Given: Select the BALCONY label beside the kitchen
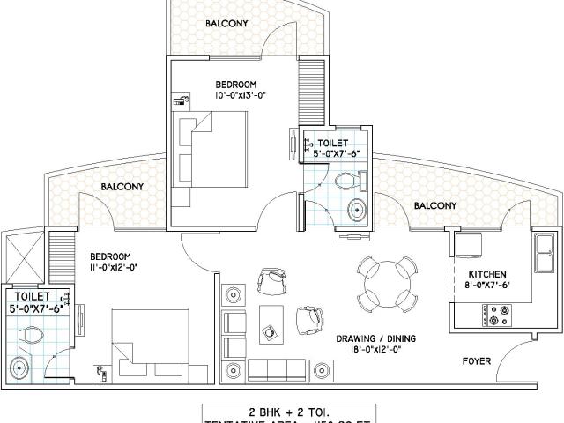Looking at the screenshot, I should click(434, 206).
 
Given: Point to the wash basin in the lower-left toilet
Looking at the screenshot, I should click(19, 368).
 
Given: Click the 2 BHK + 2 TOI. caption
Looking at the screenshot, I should click(281, 410).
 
